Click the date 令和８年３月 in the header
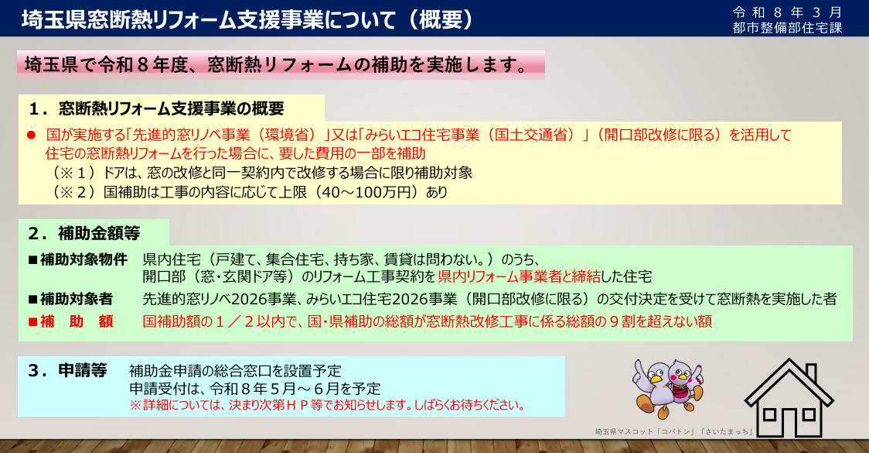[787, 12]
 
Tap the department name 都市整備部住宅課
[787, 28]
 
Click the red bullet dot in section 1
[31, 135]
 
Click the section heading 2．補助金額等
[83, 233]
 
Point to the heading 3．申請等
[67, 370]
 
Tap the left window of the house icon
[769, 415]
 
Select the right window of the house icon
[808, 415]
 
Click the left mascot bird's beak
[657, 380]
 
